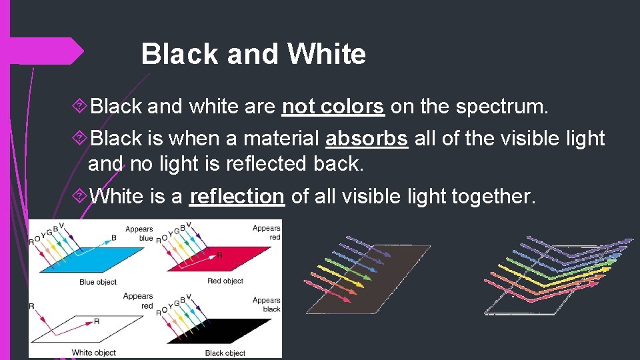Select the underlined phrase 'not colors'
pos(333,107)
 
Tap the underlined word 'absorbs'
pos(367,139)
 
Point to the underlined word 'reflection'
pos(237,197)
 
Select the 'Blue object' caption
pos(98,282)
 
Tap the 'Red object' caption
pos(225,281)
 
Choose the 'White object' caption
pos(93,353)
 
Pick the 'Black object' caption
pos(225,353)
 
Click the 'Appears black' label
pos(267,305)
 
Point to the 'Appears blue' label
pos(138,233)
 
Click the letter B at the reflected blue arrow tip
pos(114,237)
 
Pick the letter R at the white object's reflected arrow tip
pos(97,321)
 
